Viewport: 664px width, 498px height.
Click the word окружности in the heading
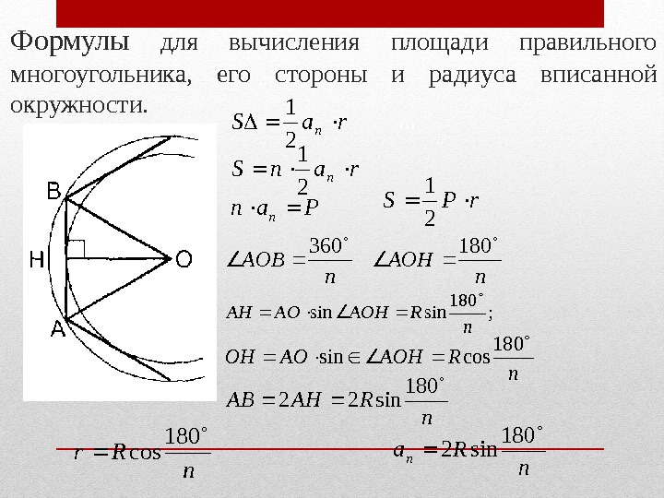tap(77, 104)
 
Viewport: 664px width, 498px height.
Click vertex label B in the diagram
tap(54, 191)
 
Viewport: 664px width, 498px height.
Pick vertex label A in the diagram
tap(56, 329)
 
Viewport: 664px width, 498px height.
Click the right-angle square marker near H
tap(77, 247)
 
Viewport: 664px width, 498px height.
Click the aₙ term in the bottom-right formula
tap(400, 451)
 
